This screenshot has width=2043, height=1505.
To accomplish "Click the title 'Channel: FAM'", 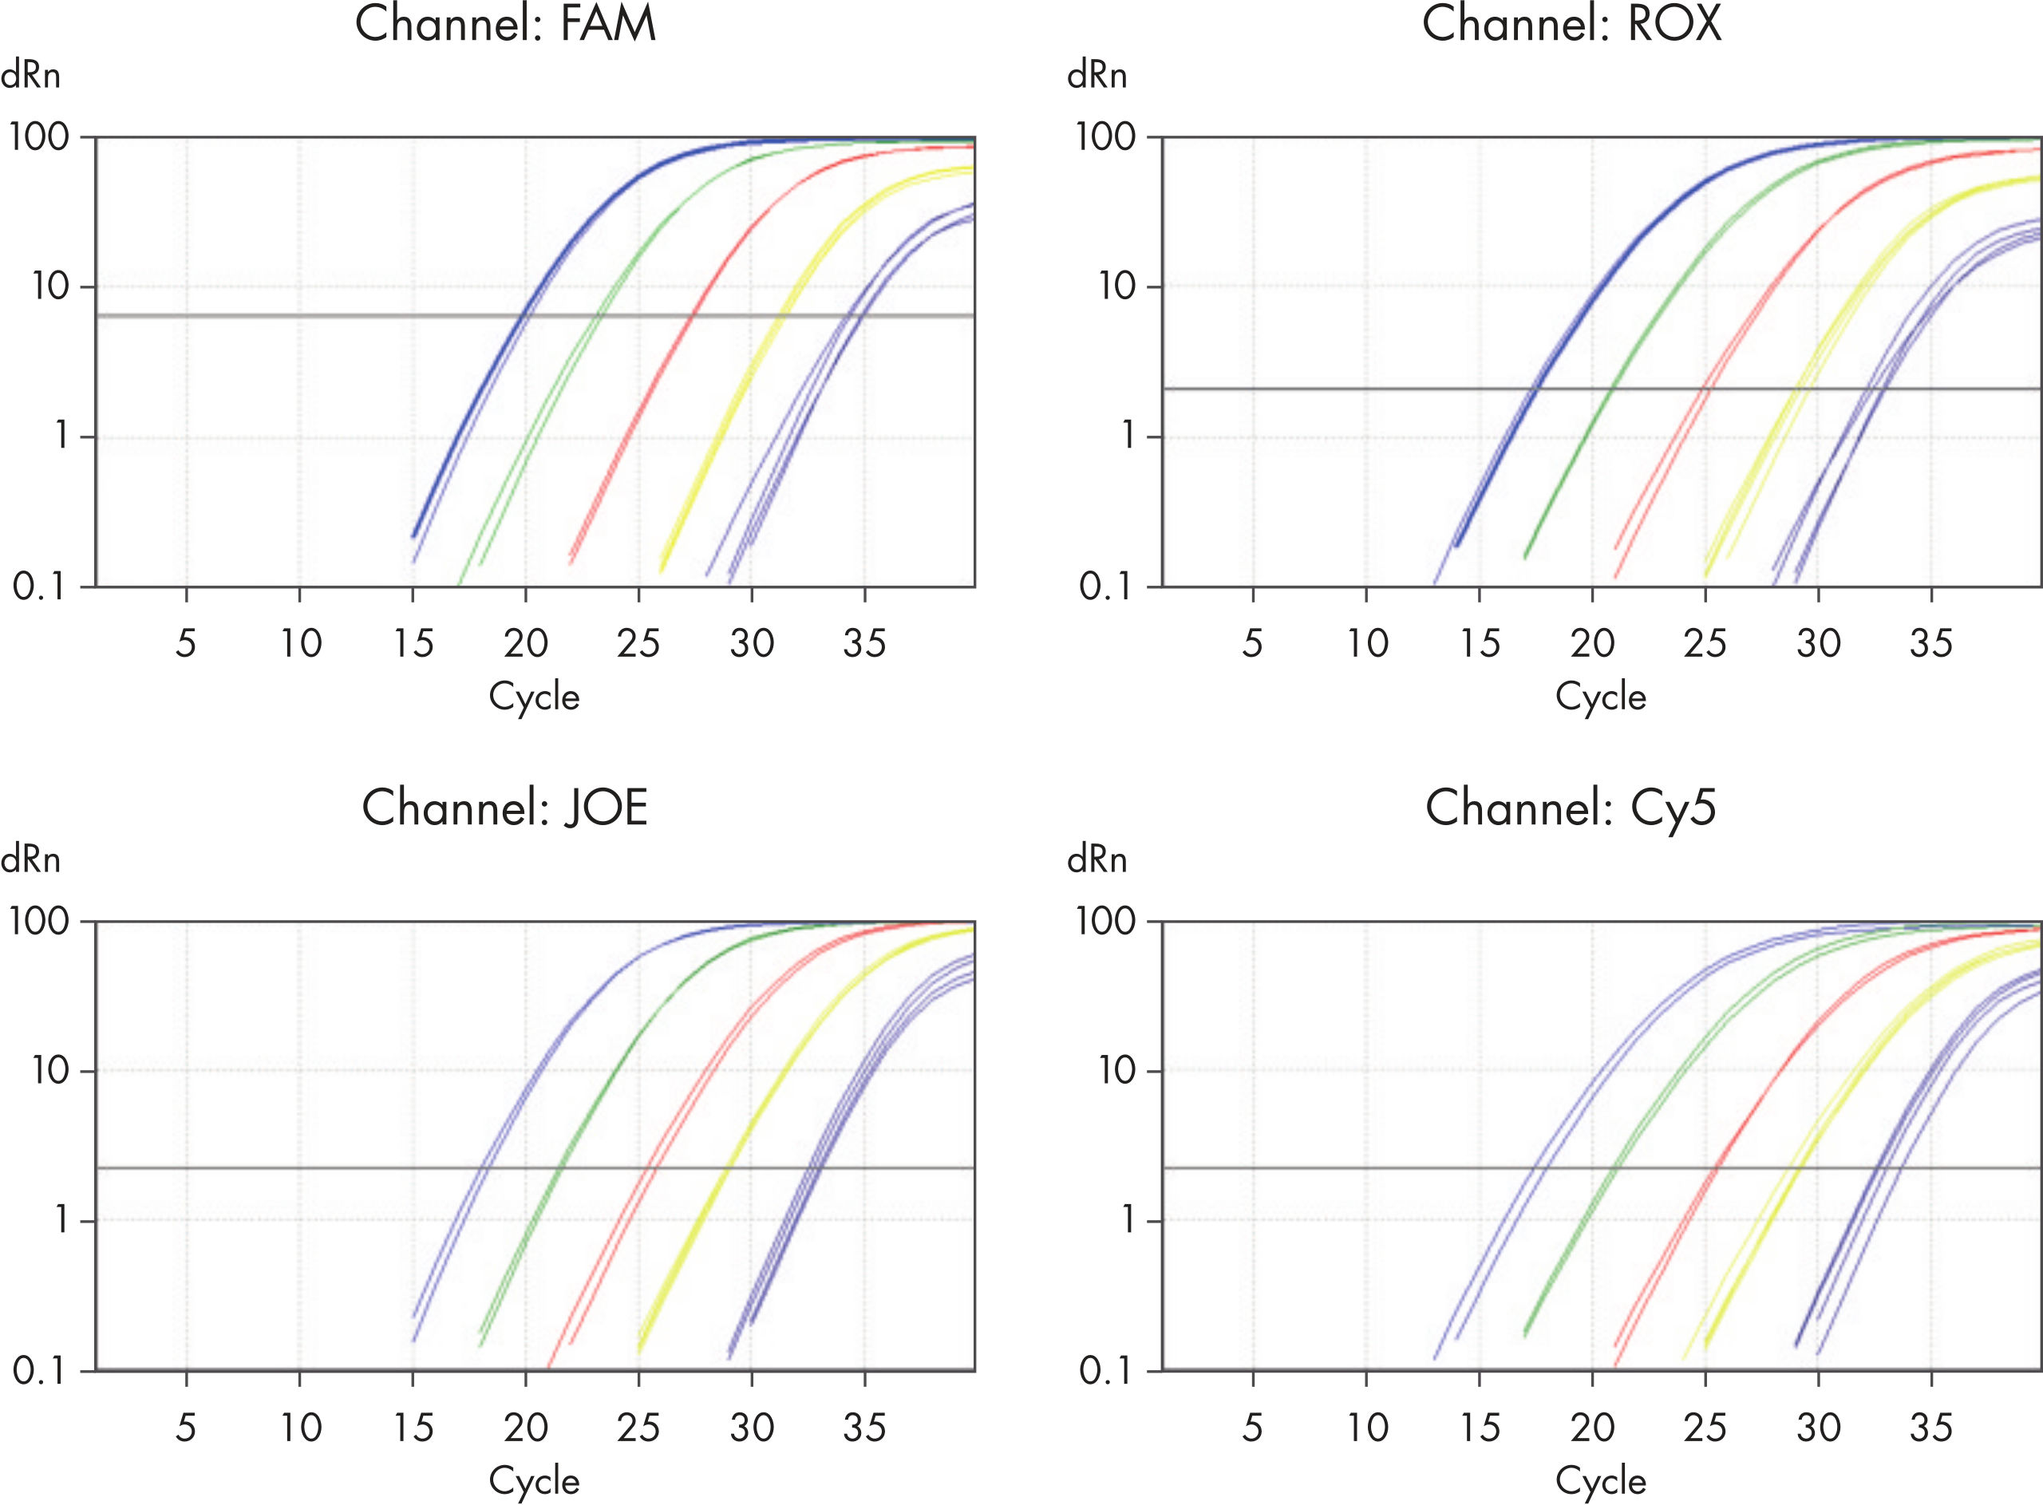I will click(504, 25).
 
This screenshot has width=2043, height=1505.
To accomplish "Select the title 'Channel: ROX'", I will click(1571, 25).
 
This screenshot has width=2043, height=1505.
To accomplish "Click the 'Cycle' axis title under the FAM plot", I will click(534, 697).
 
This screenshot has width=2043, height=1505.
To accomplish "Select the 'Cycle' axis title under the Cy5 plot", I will click(1600, 1481).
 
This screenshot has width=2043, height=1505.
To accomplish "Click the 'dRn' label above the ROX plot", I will click(1097, 76).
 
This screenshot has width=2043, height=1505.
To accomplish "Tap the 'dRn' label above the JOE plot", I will click(30, 860).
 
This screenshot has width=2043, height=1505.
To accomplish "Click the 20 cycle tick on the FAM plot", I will click(526, 644).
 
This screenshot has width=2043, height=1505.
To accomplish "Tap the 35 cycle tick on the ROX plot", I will click(1931, 644).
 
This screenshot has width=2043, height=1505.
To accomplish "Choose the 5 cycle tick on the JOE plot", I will click(186, 1428).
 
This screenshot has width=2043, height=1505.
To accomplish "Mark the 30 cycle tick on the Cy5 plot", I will click(1818, 1428).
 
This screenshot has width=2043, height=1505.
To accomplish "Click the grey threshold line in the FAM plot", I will click(273, 316).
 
